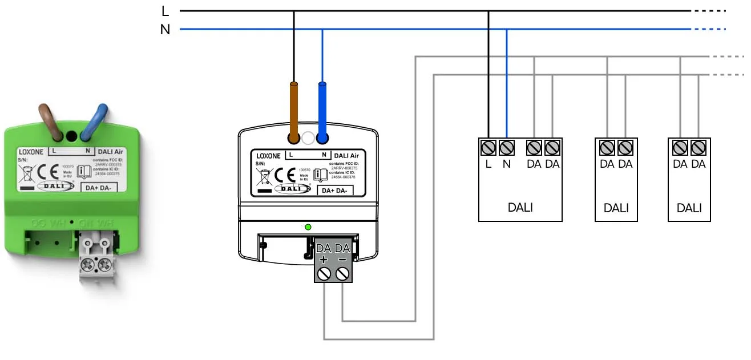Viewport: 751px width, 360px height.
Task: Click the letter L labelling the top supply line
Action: (165, 10)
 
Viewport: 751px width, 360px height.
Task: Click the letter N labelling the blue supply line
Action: (165, 30)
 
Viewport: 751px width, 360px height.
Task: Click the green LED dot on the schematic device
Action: (308, 227)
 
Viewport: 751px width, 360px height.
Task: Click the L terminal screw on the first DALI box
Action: (488, 148)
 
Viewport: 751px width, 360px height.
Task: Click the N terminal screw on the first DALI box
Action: (507, 148)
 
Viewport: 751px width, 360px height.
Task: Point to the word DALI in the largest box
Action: (520, 208)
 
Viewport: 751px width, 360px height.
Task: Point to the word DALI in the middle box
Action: (616, 208)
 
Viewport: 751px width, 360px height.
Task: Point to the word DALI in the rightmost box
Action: (689, 208)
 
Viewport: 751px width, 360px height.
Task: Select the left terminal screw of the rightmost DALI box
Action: (680, 148)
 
